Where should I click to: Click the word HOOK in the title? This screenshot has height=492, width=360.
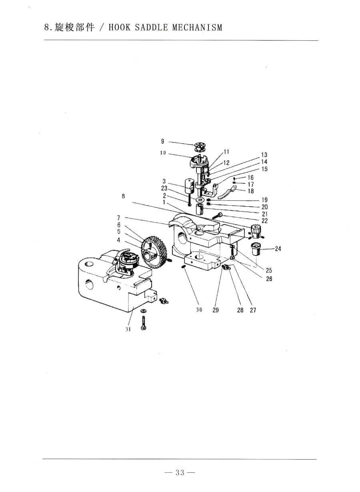coord(120,28)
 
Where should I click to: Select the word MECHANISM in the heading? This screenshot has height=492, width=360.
coord(197,28)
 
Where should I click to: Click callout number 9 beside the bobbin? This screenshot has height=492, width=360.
coord(162,141)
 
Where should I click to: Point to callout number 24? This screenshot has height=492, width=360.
coord(278,249)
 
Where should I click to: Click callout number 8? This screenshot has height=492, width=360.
coord(123,196)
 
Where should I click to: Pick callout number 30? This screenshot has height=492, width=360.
coord(199,310)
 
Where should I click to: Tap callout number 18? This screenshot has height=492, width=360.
coord(251,191)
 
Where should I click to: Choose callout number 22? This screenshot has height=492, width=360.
coord(265,220)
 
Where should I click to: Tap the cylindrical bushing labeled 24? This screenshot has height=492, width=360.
coord(256,249)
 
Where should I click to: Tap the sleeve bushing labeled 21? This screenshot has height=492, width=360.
coord(200,209)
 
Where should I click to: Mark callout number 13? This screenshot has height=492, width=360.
coord(264,155)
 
